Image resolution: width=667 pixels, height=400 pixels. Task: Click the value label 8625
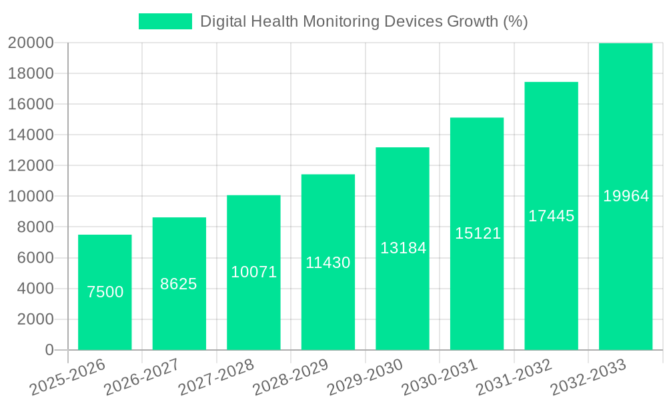(x=179, y=284)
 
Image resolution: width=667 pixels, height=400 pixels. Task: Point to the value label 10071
(x=253, y=272)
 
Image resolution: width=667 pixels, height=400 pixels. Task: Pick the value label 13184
(x=403, y=248)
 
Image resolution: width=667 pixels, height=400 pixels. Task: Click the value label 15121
(x=478, y=233)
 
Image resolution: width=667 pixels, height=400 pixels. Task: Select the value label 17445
(x=552, y=216)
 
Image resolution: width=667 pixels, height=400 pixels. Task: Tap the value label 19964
(x=626, y=196)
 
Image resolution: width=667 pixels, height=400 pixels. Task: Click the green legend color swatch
(x=165, y=21)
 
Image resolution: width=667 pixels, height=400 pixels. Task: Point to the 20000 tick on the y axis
(x=31, y=43)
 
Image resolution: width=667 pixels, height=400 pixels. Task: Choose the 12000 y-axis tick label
(x=31, y=166)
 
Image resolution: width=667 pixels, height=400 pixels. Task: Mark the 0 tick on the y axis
(x=49, y=350)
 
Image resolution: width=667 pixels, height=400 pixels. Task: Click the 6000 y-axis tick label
(x=35, y=258)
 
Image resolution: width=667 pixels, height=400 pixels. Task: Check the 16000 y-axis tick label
(x=31, y=105)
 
